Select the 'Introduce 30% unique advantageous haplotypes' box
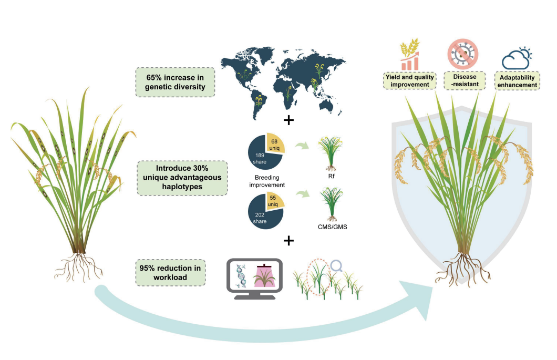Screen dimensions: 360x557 coord(182,178)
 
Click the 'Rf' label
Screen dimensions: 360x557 coord(332,176)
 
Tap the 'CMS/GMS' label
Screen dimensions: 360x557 coord(332,227)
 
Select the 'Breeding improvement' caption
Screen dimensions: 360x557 coord(266,181)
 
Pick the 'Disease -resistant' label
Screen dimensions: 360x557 coord(462,80)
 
